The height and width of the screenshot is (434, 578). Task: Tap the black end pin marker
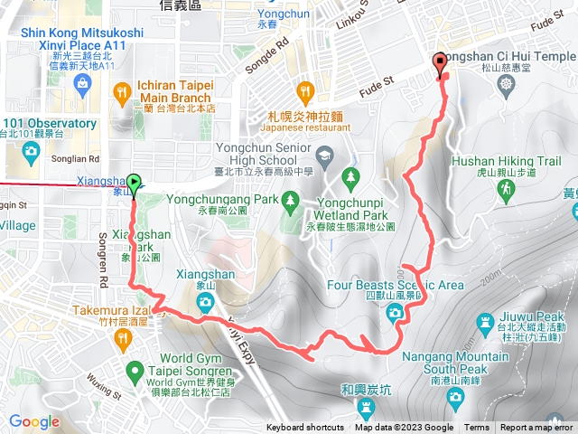441,63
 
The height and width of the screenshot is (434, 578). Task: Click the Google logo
34,421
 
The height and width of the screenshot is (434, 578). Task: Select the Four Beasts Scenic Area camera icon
395,313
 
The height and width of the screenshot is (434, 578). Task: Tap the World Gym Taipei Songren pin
135,369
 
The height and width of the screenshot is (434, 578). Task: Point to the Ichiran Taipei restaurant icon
124,90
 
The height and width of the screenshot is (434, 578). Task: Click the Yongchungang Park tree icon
290,203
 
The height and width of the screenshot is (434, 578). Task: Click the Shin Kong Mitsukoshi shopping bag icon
84,85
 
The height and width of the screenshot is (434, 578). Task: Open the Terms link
477,428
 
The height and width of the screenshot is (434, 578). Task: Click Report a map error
538,428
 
